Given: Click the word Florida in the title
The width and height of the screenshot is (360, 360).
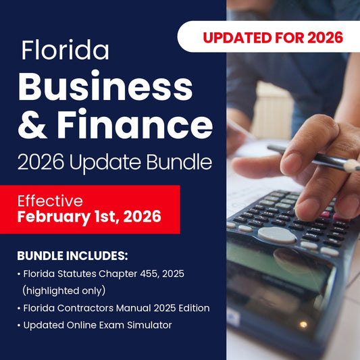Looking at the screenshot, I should (65, 51).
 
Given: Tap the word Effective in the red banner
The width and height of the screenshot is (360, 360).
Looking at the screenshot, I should (50, 201).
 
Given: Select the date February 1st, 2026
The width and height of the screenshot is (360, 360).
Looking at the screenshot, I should (88, 217).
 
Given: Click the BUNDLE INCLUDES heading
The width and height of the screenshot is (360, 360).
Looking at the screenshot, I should (72, 257).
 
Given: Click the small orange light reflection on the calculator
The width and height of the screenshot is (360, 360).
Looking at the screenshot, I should (304, 325).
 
